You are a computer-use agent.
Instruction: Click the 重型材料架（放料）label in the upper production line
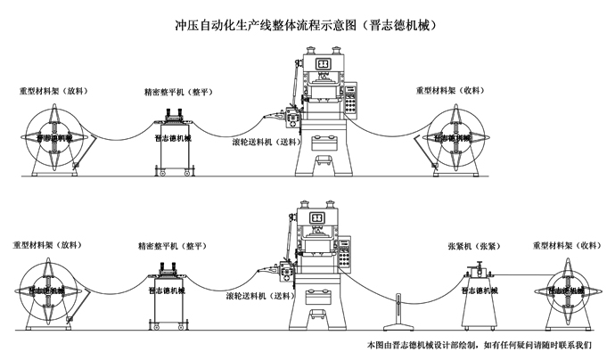[x=55, y=91]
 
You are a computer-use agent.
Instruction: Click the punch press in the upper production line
[x=324, y=116]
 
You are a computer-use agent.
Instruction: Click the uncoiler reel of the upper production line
[x=55, y=138]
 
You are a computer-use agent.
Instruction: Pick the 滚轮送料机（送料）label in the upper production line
[x=265, y=142]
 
